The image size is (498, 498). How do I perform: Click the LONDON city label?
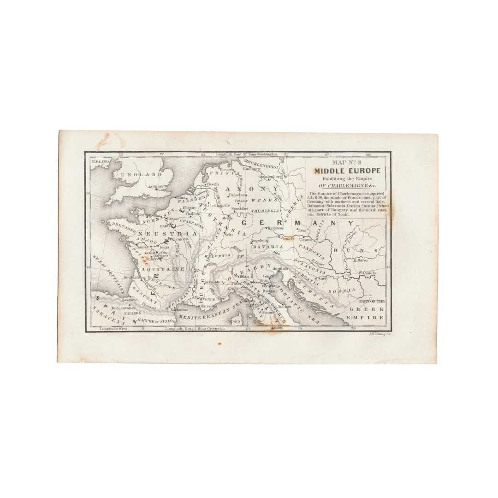click(x=156, y=187)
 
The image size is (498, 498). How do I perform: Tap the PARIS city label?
click(x=163, y=226)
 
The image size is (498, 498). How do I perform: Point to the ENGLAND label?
click(x=138, y=175)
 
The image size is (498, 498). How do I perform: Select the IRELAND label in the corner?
click(x=100, y=161)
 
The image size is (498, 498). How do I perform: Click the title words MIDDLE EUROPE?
click(x=347, y=171)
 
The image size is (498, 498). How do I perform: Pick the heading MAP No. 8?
click(x=347, y=162)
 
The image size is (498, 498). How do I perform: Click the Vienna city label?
click(x=305, y=240)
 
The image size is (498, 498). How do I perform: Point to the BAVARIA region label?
click(x=267, y=247)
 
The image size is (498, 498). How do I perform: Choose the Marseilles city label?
click(x=209, y=306)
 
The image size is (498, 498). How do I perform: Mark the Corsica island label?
click(x=233, y=321)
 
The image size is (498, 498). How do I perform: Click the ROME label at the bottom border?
click(x=277, y=328)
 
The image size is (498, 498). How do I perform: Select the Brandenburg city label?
click(x=270, y=177)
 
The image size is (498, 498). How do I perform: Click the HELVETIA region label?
click(x=220, y=255)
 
